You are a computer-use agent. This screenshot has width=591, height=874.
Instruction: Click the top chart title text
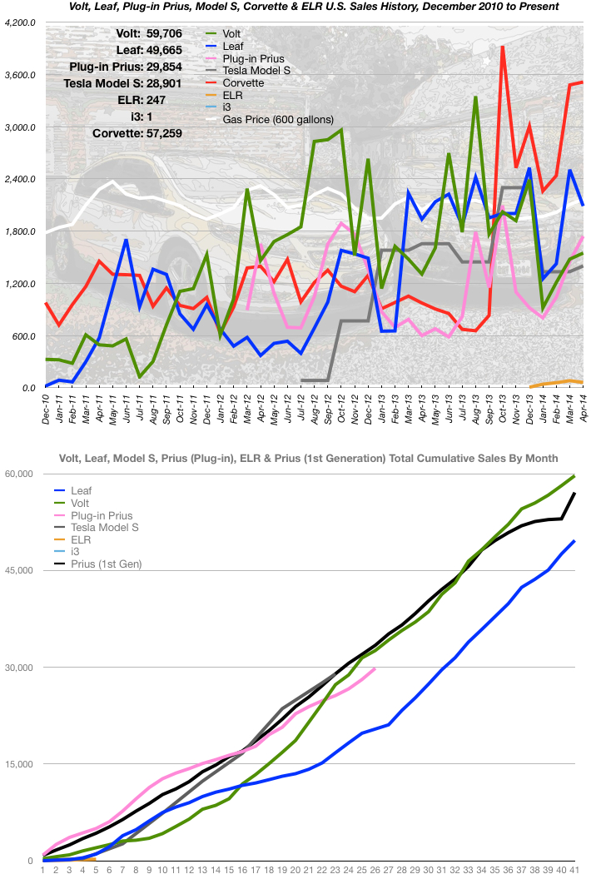pyautogui.click(x=295, y=7)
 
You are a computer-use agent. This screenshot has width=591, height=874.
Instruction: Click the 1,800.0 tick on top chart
pyautogui.click(x=20, y=231)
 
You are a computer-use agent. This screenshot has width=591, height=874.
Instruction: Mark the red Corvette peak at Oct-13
pyautogui.click(x=503, y=47)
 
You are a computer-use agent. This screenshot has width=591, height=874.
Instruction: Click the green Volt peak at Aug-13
pyautogui.click(x=475, y=97)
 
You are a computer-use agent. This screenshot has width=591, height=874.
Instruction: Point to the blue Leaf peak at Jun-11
pyautogui.click(x=126, y=240)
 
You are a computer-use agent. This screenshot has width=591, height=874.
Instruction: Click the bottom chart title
pyautogui.click(x=307, y=459)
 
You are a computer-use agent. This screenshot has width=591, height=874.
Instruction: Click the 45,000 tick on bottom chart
pyautogui.click(x=22, y=570)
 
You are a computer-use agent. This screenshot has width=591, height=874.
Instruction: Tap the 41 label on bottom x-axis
pyautogui.click(x=574, y=868)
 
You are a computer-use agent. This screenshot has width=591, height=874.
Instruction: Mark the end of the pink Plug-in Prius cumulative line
pyautogui.click(x=375, y=668)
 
